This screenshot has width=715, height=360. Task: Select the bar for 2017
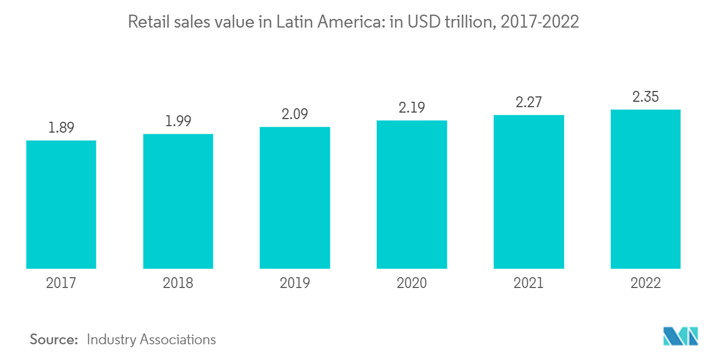tap(61, 205)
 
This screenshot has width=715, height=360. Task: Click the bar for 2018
tap(178, 201)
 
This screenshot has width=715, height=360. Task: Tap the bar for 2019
tap(295, 198)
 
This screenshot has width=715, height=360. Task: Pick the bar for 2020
tap(412, 194)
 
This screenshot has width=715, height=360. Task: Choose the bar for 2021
tap(529, 192)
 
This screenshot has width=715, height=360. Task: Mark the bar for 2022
tap(646, 189)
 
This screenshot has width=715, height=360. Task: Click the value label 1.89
tap(61, 128)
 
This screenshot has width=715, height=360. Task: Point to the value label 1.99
tap(178, 121)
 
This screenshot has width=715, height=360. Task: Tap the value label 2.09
tap(295, 114)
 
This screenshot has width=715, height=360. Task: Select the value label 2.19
tap(412, 108)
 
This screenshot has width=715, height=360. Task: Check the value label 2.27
tap(529, 102)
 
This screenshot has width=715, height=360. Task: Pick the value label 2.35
tap(646, 97)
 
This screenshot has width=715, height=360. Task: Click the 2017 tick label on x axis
tap(61, 283)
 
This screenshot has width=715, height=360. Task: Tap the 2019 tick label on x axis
tap(295, 283)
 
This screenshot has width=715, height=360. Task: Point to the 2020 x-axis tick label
tap(412, 283)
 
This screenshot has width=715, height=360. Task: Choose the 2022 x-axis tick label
tap(646, 283)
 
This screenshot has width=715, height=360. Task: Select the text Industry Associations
tap(151, 339)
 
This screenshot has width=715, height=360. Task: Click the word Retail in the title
tap(144, 22)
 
